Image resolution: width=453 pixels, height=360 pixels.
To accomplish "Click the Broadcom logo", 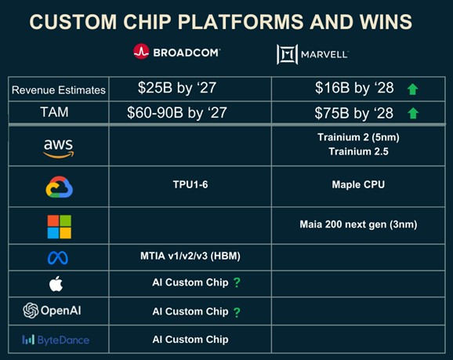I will pos(176,52).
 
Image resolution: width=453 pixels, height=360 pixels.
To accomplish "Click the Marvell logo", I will pos(312,53).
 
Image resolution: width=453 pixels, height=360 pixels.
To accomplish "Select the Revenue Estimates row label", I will pos(58,90).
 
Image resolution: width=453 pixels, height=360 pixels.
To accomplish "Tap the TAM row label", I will pos(58,113).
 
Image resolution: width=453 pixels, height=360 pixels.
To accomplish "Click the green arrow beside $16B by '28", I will pos(412,90).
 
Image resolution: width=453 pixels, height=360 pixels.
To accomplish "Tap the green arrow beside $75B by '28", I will pos(412,114).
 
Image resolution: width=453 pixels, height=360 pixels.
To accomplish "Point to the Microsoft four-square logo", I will pos(59,226).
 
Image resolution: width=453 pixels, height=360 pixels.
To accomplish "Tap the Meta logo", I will pos(58,257).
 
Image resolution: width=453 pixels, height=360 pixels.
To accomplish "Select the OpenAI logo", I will pos(53,311).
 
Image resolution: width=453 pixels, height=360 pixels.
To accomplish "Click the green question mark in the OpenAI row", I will pos(236,312).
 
